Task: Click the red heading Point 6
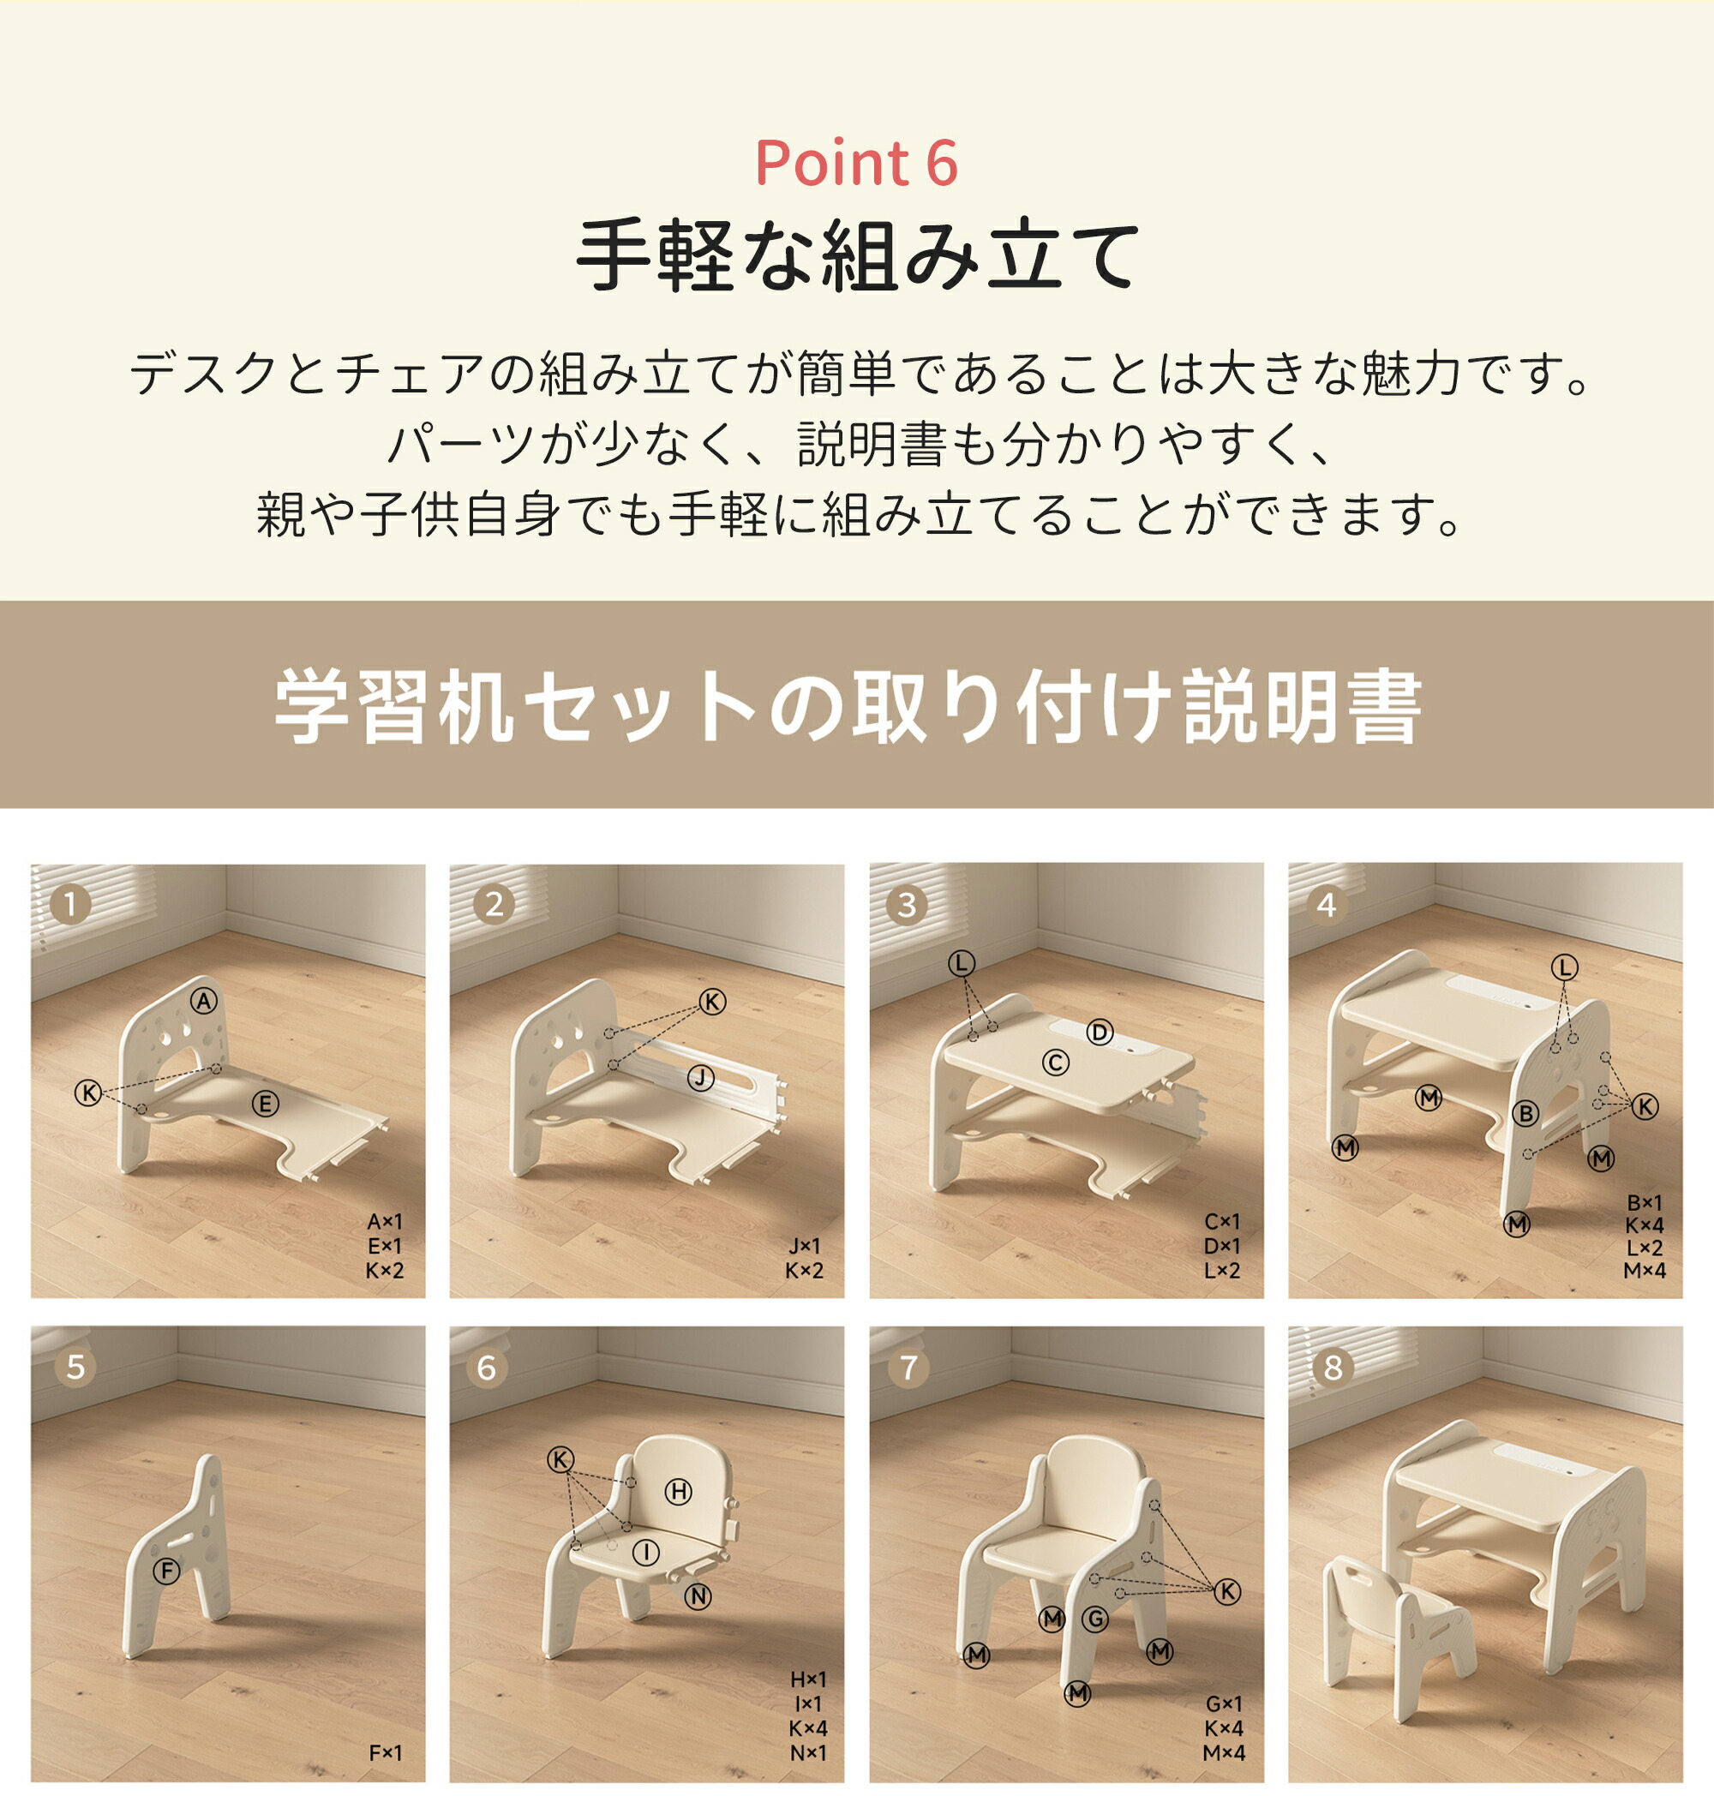click(856, 164)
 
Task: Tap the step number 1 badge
click(70, 904)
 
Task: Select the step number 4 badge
click(1327, 904)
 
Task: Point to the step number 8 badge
click(1333, 1368)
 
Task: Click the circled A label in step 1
click(204, 1001)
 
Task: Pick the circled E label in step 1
click(265, 1105)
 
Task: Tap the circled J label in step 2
click(701, 1079)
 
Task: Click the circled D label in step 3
click(1100, 1033)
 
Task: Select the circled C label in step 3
click(1055, 1063)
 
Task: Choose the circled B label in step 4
click(1525, 1114)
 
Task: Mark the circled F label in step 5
click(166, 1571)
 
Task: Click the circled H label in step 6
click(678, 1492)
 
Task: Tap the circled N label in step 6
click(698, 1596)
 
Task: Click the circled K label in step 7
click(1227, 1591)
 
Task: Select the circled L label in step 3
click(962, 963)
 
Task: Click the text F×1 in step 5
click(385, 1753)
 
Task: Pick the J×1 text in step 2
click(804, 1246)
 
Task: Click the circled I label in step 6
click(646, 1551)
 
